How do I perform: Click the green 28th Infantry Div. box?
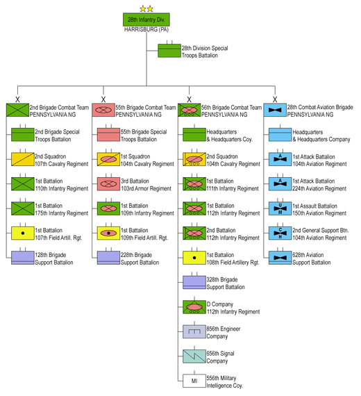[x=146, y=19]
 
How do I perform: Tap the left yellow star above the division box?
[x=143, y=9]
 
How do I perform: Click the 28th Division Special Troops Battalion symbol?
[x=169, y=51]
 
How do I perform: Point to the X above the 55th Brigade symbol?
[x=103, y=99]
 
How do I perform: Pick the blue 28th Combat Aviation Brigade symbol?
[x=275, y=110]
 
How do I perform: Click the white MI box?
[x=194, y=381]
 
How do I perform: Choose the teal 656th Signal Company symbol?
[x=194, y=356]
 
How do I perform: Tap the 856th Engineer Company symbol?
[x=194, y=331]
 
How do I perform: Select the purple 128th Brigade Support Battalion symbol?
[x=23, y=258]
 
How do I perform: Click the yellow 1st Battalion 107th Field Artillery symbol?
[x=23, y=233]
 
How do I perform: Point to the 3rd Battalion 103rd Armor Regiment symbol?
[x=108, y=184]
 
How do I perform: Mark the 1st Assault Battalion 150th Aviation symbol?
[x=280, y=208]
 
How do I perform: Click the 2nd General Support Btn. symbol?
[x=280, y=233]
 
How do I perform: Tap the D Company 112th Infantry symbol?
[x=194, y=307]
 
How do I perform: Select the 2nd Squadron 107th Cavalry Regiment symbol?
[x=23, y=159]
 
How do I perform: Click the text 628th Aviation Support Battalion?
[x=312, y=258]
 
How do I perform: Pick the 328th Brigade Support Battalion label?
[x=226, y=283]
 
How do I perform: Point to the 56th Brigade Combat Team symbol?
[x=189, y=110]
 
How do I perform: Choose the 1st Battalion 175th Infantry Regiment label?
[x=62, y=209]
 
